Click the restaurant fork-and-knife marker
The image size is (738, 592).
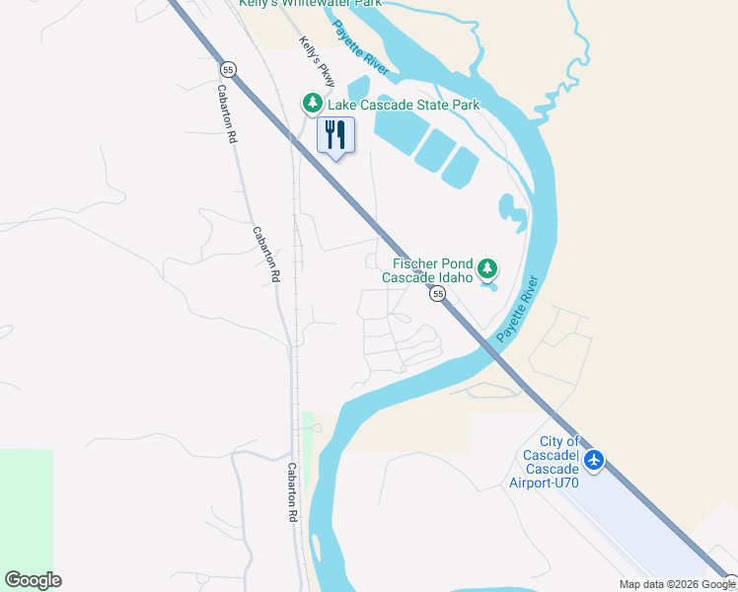[x=335, y=135]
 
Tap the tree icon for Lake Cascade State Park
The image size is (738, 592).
[x=312, y=104]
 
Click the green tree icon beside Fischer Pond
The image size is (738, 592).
[x=486, y=268]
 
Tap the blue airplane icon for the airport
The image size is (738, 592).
[x=594, y=460]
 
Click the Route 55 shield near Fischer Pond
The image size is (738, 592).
[x=436, y=294]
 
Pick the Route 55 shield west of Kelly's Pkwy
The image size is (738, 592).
[x=228, y=69]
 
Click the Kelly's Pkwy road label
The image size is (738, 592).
[x=318, y=60]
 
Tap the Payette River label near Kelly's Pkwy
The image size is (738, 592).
[x=360, y=46]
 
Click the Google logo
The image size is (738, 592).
[x=33, y=579]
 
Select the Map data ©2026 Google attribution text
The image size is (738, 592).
[x=677, y=584]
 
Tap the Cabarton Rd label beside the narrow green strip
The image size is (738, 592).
[x=293, y=492]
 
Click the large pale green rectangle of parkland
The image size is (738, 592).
[x=26, y=513]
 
